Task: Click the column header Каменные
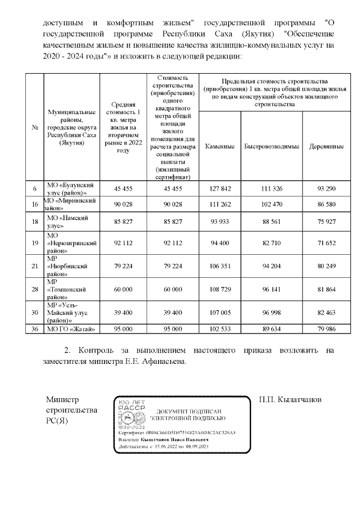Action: click(220, 146)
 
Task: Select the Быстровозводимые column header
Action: click(271, 146)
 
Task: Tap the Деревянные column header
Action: click(326, 146)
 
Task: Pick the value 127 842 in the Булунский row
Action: click(220, 188)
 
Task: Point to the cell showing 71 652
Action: click(326, 243)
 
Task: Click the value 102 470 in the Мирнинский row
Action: click(271, 204)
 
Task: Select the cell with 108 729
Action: click(220, 289)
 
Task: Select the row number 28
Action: click(35, 289)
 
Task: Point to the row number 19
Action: click(35, 243)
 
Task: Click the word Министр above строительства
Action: click(64, 399)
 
